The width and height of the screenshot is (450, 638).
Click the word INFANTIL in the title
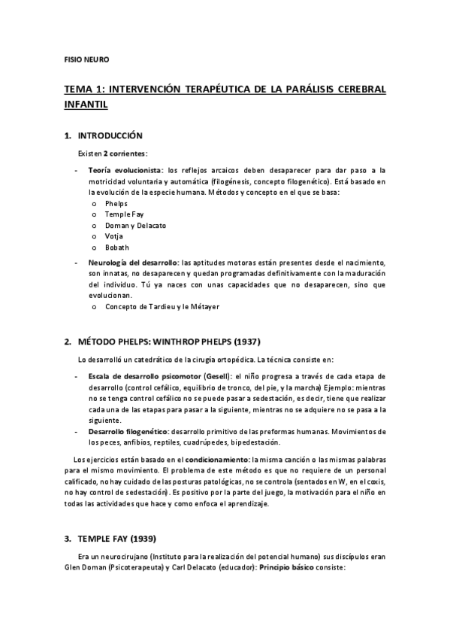coord(86,105)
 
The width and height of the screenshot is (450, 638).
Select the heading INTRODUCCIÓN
coord(110,136)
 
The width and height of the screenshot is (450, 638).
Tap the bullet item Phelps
coord(116,204)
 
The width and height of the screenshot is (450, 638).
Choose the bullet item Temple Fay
coord(125,214)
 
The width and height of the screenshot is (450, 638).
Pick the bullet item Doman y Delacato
coord(135,225)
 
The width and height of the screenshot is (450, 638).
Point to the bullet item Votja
coord(114,235)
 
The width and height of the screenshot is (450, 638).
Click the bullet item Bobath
coord(117,247)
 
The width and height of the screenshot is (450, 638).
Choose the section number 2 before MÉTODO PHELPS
coord(67,341)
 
